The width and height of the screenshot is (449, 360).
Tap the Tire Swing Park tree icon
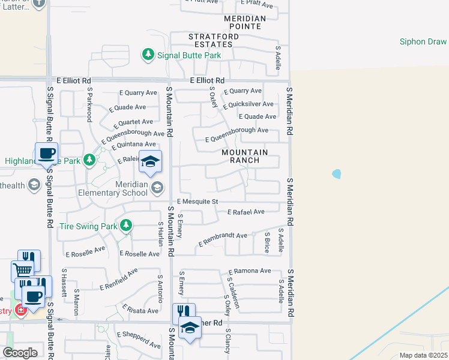(x=125, y=226)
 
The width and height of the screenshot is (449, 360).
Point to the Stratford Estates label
(x=210, y=40)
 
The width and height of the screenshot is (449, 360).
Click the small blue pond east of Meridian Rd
(x=336, y=175)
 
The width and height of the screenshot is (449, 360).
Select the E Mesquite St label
(x=197, y=202)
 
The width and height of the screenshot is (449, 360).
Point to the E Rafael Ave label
(x=246, y=212)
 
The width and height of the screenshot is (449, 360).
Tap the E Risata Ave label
(x=140, y=310)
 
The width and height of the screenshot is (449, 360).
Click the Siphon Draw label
(x=423, y=41)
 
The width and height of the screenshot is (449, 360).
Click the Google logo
(x=20, y=353)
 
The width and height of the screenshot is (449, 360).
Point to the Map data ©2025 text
(x=423, y=355)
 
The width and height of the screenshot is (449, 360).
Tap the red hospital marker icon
(x=20, y=310)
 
